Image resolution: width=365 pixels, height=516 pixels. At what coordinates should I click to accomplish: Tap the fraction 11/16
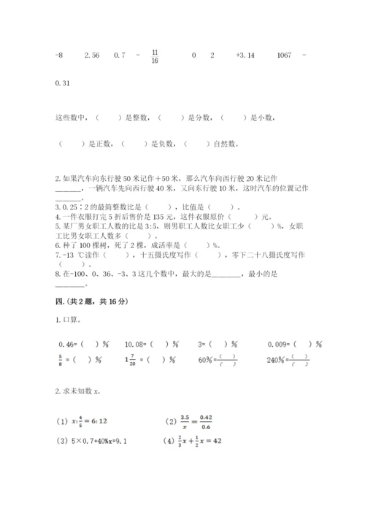coord(155,55)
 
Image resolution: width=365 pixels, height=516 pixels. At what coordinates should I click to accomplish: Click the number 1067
coord(287,55)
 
